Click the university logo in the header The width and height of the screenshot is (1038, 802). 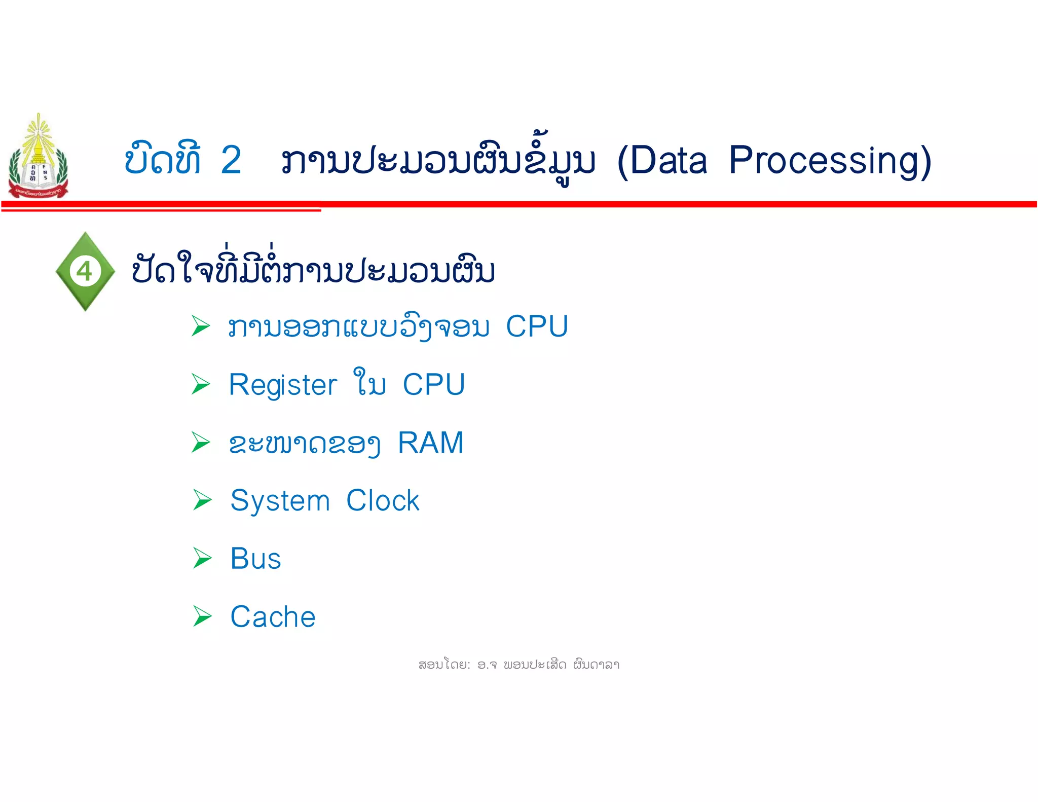tap(38, 157)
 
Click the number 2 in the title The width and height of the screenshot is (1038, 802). tap(231, 160)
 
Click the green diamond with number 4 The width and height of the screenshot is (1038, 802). tap(85, 271)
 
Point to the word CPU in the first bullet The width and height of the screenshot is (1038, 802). tap(537, 326)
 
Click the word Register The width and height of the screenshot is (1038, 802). tap(283, 385)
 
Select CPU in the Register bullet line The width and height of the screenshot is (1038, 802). tap(434, 384)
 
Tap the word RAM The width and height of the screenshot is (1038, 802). tap(431, 443)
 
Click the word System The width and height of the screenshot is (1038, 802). tap(280, 501)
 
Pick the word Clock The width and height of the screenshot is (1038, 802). tap(383, 501)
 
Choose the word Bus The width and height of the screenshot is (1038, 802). tap(255, 559)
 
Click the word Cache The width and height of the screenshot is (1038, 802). tap(273, 617)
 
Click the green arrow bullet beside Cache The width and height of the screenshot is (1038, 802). tap(202, 616)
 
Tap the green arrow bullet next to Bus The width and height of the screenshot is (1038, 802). tap(202, 558)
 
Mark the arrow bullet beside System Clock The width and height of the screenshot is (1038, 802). tap(202, 500)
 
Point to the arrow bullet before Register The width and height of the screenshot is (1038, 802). tap(201, 384)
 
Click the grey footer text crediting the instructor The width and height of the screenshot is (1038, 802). tap(518, 665)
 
